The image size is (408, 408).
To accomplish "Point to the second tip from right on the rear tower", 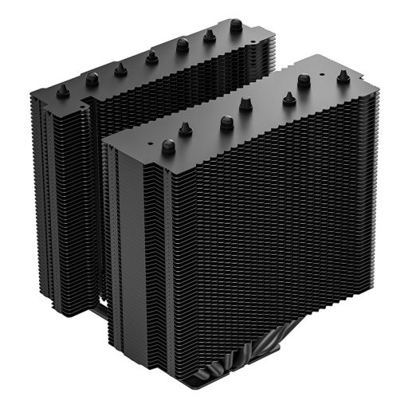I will point(210,35).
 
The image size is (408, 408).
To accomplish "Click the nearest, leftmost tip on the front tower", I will point(168,147).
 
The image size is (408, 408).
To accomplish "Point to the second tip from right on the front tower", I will point(304,80).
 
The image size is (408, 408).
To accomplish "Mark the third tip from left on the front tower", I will point(226,122).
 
